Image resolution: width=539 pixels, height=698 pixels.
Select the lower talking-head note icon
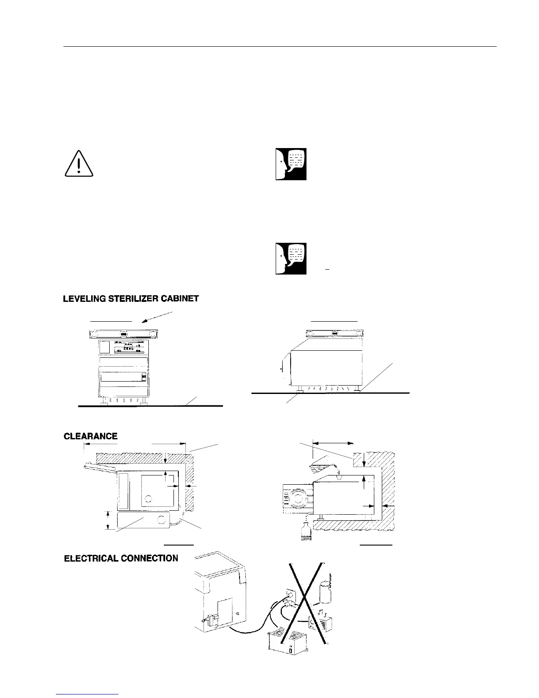point(291,258)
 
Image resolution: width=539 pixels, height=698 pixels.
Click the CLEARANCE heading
point(91,436)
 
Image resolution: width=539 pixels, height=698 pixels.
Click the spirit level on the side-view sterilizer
point(335,333)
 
